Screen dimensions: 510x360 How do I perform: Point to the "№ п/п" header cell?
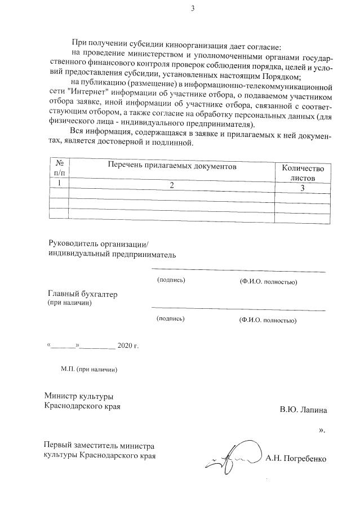(x=59, y=167)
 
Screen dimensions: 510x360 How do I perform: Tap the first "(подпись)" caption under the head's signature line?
(x=171, y=280)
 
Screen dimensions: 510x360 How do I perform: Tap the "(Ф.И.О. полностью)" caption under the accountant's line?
(x=268, y=320)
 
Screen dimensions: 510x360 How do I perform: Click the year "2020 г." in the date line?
(x=128, y=345)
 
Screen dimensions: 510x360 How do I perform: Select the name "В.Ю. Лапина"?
(x=303, y=410)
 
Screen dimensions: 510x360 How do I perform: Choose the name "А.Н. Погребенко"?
(x=296, y=459)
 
